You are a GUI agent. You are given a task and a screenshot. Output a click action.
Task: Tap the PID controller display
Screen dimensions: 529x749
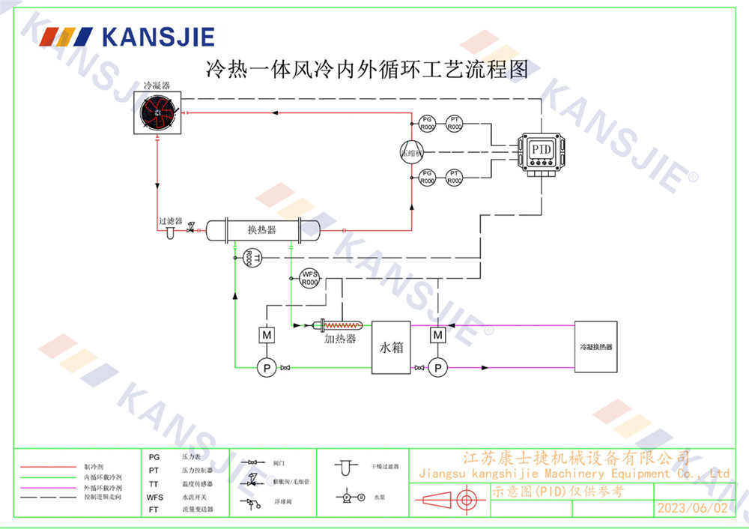tap(541, 149)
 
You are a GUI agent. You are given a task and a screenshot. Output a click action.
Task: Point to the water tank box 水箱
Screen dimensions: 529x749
tap(391, 348)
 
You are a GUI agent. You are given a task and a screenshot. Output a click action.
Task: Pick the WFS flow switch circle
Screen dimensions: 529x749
tap(309, 278)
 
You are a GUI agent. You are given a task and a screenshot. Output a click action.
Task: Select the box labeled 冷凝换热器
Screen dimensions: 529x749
tap(596, 348)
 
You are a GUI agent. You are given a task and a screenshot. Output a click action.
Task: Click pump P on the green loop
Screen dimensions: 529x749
tap(266, 367)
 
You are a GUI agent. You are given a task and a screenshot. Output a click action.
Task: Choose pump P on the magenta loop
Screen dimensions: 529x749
tap(438, 367)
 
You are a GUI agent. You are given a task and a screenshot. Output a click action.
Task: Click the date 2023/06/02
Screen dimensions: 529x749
tap(692, 508)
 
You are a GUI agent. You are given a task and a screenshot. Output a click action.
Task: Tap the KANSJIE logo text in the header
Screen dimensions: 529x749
tap(158, 37)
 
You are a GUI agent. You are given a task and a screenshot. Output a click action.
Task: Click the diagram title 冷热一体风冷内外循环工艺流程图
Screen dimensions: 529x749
tap(367, 70)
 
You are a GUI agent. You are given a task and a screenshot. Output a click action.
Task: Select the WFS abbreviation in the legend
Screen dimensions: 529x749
tap(155, 497)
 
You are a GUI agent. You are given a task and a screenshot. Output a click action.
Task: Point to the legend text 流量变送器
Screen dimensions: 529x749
tap(197, 509)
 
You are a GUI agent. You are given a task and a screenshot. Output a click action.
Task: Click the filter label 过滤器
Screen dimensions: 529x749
tap(171, 222)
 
